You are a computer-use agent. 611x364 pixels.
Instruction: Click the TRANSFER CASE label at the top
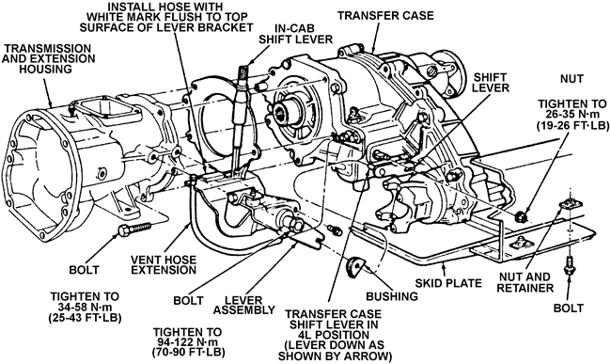tap(385, 16)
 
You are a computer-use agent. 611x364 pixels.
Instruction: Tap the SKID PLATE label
tap(448, 282)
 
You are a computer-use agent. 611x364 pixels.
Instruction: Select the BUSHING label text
tap(392, 296)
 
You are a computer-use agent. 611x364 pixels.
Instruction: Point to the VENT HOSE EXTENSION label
tap(164, 264)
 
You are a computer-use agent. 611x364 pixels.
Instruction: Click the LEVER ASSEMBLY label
tap(244, 306)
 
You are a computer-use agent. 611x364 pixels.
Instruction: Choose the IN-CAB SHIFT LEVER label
tap(296, 34)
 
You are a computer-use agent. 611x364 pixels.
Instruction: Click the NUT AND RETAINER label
tap(525, 282)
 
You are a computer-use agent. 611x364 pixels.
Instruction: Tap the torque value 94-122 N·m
tap(185, 342)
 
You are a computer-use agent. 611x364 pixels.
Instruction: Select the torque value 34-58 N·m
tap(85, 307)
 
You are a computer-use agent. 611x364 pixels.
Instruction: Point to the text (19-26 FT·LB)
tap(572, 125)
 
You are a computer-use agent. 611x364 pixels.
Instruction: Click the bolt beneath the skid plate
tap(570, 266)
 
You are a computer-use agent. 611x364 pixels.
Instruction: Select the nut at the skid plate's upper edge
tap(520, 215)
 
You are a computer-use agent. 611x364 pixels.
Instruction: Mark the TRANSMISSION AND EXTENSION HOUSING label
tap(48, 59)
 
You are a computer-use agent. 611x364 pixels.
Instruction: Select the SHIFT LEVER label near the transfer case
tap(491, 82)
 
